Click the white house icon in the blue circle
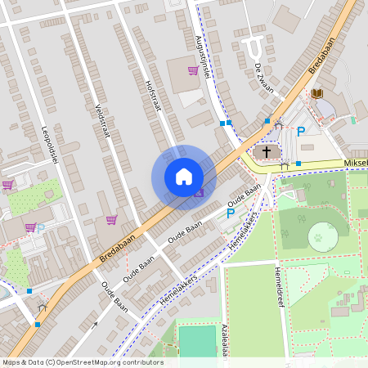coord(183,177)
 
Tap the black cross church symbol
coord(267,152)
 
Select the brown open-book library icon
coord(317,93)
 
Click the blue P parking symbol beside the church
coord(301,131)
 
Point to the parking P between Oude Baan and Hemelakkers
coord(230,213)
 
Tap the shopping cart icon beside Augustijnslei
coord(193,70)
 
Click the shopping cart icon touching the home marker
coord(200,193)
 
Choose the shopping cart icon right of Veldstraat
coord(111,219)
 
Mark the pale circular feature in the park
coord(323,237)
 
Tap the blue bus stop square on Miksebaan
coord(298,164)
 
